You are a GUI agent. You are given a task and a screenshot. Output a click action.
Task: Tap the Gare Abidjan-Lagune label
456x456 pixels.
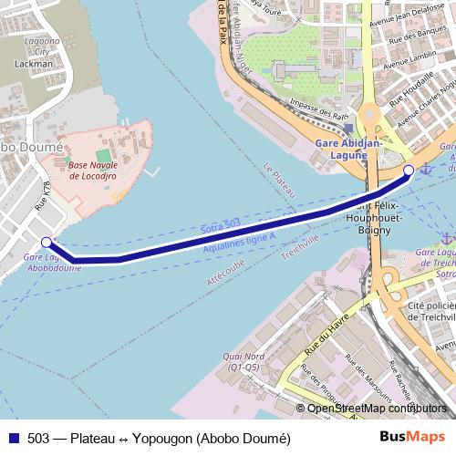(x=341, y=150)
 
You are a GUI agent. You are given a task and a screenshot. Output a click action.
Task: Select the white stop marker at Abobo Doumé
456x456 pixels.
(x=47, y=242)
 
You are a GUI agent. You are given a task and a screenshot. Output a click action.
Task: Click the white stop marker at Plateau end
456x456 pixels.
(x=409, y=171)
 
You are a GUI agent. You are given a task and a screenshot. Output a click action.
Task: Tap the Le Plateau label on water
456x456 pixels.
(x=280, y=181)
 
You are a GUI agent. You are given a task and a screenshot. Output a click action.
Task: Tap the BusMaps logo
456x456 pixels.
(x=417, y=438)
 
